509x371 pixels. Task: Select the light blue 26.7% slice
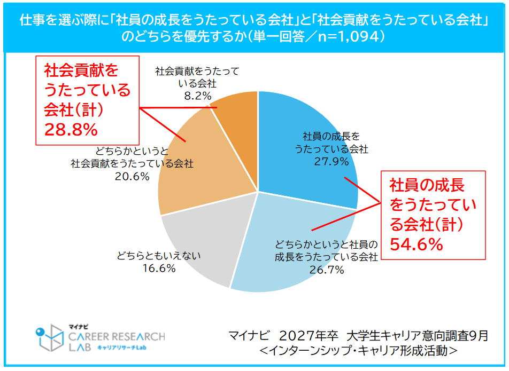pyautogui.click(x=299, y=235)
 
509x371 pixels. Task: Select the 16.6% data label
pyautogui.click(x=159, y=268)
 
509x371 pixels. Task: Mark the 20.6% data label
pyautogui.click(x=132, y=176)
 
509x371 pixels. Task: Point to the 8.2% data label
pyautogui.click(x=197, y=95)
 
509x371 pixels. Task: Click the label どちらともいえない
pyautogui.click(x=159, y=256)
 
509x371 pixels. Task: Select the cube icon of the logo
pyautogui.click(x=51, y=338)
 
